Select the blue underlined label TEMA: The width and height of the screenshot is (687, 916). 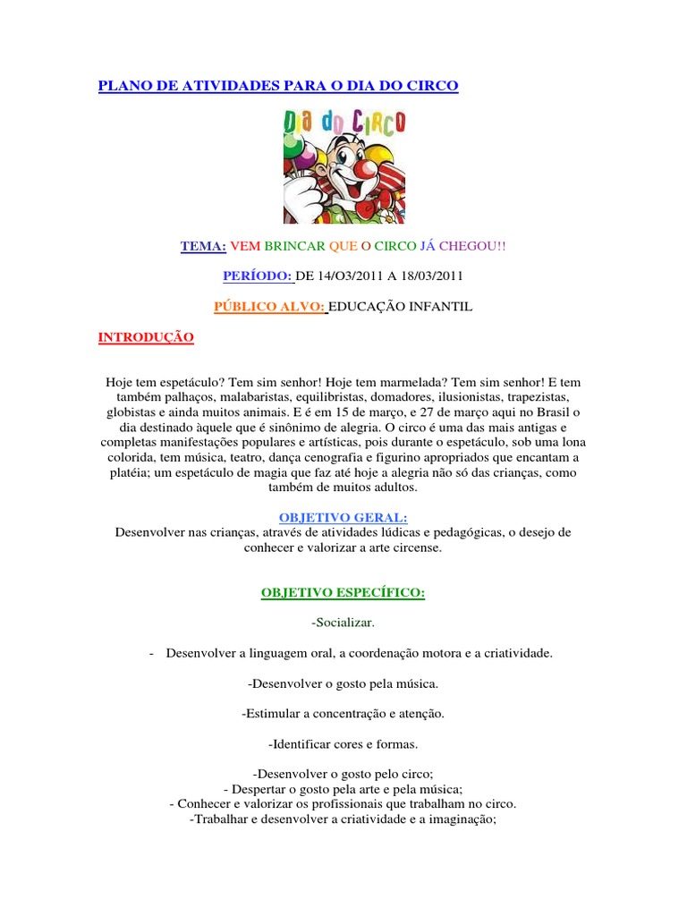tap(203, 245)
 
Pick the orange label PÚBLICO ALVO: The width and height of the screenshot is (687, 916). tap(270, 307)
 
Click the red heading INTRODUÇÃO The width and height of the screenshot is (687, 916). tap(145, 337)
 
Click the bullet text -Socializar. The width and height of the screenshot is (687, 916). tap(343, 623)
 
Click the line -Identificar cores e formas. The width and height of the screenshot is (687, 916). tap(343, 744)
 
